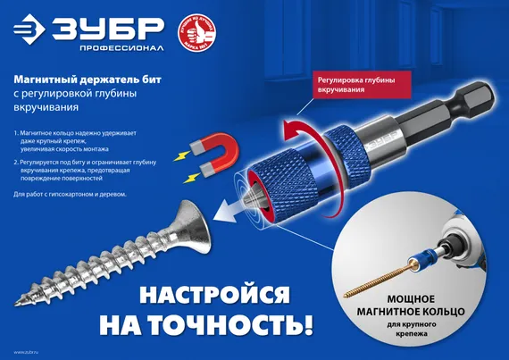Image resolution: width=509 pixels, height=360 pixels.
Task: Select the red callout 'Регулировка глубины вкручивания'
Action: pos(355,84)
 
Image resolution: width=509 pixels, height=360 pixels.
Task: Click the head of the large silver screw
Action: pos(198,218)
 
